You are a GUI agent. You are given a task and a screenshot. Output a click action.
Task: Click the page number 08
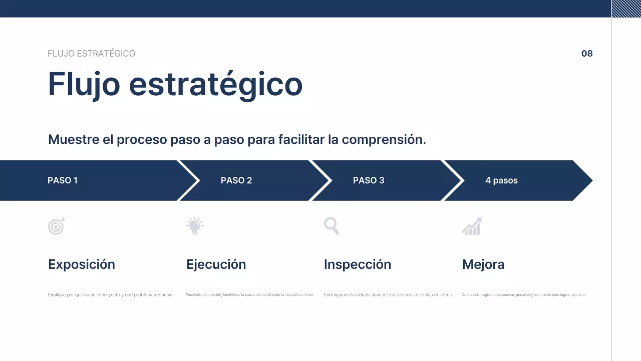click(587, 54)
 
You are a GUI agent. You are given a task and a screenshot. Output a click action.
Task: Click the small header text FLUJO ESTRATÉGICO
click(91, 54)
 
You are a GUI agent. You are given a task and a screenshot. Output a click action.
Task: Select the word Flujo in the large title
click(84, 84)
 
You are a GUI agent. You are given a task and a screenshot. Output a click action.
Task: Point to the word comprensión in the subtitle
click(384, 140)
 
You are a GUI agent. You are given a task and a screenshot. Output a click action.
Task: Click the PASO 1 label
click(63, 180)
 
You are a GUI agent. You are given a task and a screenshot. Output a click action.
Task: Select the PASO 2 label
click(236, 180)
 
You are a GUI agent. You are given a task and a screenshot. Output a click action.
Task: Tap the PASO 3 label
click(369, 180)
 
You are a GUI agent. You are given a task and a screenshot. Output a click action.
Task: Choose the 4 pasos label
click(501, 180)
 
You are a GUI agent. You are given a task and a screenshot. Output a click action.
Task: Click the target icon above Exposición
click(56, 227)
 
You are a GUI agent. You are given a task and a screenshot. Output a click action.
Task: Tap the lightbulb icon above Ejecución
click(194, 226)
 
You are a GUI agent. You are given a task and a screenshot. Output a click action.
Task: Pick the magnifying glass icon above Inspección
click(332, 226)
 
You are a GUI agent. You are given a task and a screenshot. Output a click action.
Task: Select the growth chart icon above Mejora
click(472, 226)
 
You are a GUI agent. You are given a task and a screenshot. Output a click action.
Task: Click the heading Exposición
click(82, 264)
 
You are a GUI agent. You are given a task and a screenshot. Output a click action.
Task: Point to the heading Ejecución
click(216, 264)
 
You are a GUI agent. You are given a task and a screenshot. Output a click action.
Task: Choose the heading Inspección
click(358, 264)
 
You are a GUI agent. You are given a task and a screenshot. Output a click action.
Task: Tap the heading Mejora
click(483, 264)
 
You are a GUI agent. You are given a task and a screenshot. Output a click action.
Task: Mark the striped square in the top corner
click(626, 9)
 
